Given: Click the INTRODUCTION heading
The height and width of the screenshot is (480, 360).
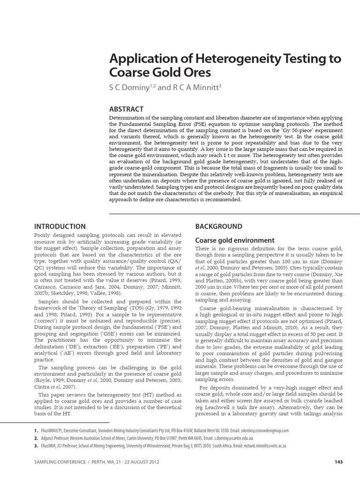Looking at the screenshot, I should point(60,226).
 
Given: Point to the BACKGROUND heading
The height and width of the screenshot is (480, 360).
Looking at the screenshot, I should point(218,226).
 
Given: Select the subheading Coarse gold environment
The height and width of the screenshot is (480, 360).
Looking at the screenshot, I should point(234,240).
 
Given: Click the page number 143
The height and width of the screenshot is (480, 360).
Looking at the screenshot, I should point(338,462).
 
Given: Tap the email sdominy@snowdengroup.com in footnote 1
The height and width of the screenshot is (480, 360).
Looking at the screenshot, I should point(261,430).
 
